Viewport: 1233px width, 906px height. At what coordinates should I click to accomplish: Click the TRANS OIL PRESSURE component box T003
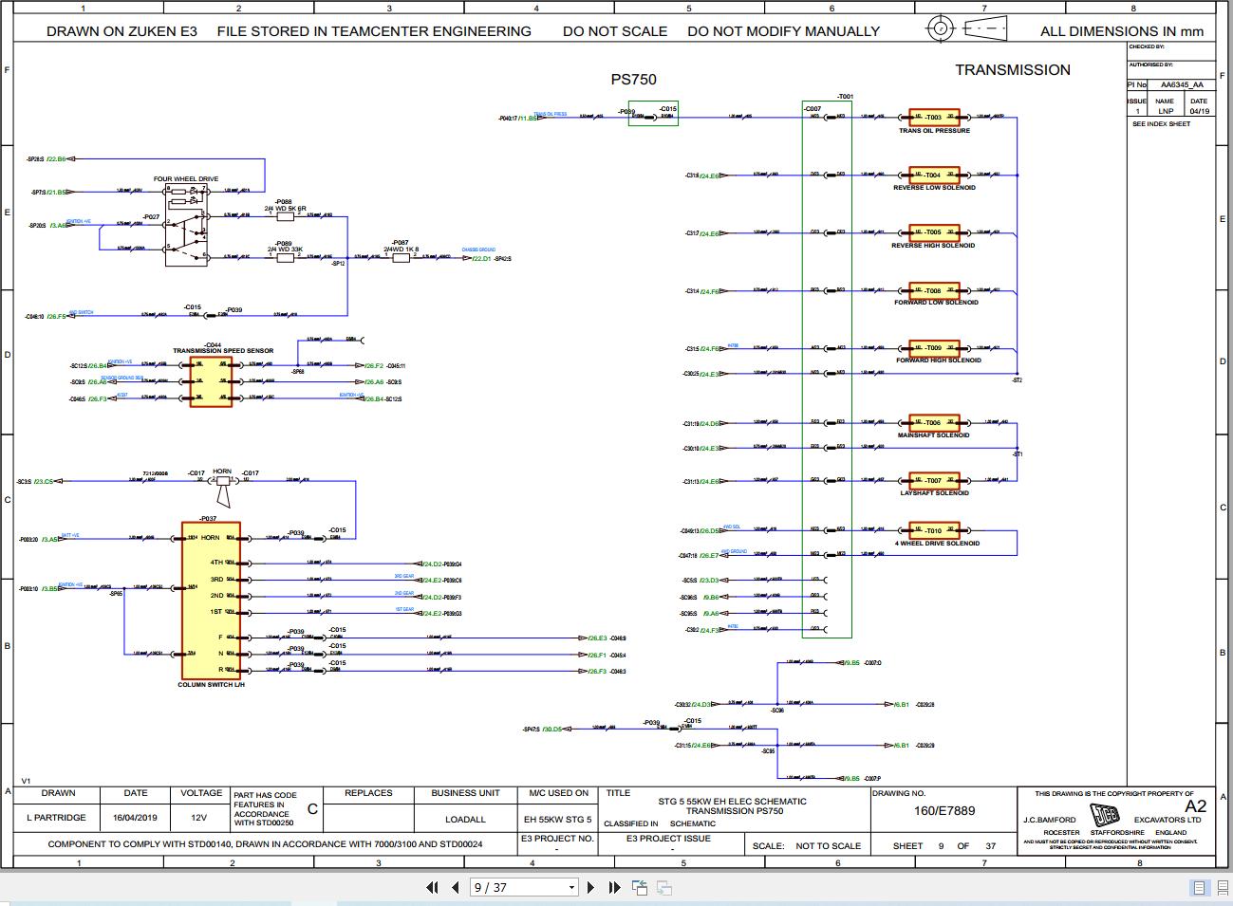934,118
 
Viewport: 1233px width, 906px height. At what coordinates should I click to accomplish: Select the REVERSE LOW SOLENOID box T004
934,175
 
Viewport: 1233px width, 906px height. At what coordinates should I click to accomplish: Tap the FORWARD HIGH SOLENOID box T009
934,348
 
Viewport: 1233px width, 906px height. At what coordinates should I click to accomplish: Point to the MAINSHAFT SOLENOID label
933,435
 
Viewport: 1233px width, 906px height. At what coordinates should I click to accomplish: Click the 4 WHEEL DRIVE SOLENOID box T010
934,530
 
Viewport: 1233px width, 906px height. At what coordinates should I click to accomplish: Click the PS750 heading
633,80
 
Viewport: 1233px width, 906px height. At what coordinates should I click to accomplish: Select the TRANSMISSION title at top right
1012,70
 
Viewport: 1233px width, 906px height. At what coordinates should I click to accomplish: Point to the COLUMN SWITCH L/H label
211,684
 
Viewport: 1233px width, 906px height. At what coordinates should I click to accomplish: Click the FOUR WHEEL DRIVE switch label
186,178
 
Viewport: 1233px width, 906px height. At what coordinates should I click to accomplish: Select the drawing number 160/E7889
943,811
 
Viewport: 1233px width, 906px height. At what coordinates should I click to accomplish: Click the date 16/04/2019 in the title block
135,818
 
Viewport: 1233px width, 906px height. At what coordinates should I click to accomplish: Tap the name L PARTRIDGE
56,818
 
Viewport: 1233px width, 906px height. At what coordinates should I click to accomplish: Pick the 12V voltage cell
198,818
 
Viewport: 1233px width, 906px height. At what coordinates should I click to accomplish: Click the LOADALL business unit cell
465,819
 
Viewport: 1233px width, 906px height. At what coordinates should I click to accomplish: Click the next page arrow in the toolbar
590,887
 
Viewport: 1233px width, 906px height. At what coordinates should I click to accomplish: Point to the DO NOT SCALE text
614,31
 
